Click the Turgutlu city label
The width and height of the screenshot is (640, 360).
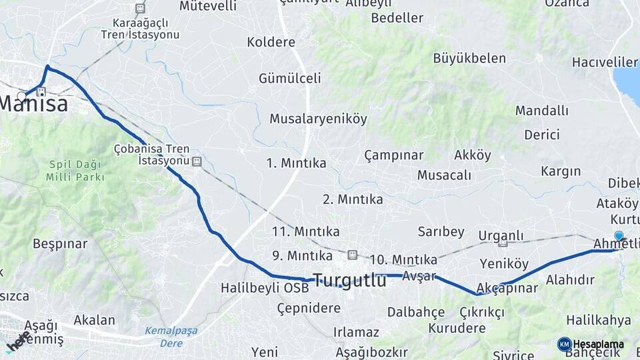pos(349,280)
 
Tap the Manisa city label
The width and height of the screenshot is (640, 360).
pos(33,104)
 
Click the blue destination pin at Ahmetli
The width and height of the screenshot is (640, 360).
pos(619,236)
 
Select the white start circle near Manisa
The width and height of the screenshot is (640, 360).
pos(22,96)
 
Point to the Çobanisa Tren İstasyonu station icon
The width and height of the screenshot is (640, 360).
pos(197,161)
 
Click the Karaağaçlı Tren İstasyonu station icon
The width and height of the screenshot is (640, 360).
pos(140,9)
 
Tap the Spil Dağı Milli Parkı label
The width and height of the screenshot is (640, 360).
pos(75,171)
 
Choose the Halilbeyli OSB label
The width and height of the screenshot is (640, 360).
pos(265,289)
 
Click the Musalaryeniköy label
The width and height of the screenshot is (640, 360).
pos(318,119)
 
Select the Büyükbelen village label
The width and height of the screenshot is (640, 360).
pos(469,58)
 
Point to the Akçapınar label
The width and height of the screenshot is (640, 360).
pos(508,289)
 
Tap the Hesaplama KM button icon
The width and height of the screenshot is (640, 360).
pos(565,344)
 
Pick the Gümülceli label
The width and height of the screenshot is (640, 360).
pos(290,78)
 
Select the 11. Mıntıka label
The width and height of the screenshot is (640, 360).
pos(305,231)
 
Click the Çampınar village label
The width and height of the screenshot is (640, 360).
pos(393,155)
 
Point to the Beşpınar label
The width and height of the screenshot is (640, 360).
pos(60,244)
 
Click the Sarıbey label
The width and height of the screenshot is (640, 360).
pos(441,231)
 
